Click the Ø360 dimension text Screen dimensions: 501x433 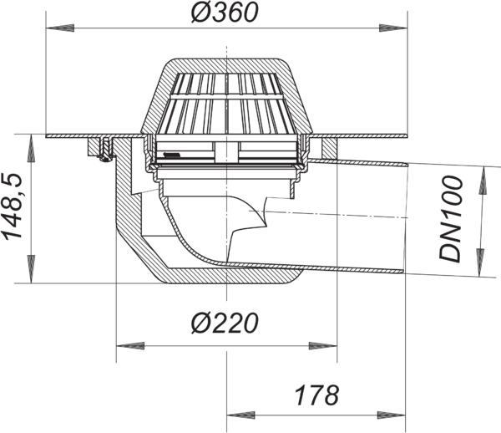tap(225, 13)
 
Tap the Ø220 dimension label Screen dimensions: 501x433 tap(225, 323)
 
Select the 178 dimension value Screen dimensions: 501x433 tap(316, 395)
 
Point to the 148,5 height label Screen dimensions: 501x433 tap(12, 207)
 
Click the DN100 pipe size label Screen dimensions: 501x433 tap(450, 219)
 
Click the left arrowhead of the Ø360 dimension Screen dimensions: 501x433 tap(60, 28)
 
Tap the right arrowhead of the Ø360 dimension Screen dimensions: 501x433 tap(393, 28)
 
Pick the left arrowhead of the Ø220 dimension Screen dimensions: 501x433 tap(130, 346)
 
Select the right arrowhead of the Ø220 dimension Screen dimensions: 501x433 tap(322, 346)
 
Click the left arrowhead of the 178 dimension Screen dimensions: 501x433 tap(241, 415)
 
